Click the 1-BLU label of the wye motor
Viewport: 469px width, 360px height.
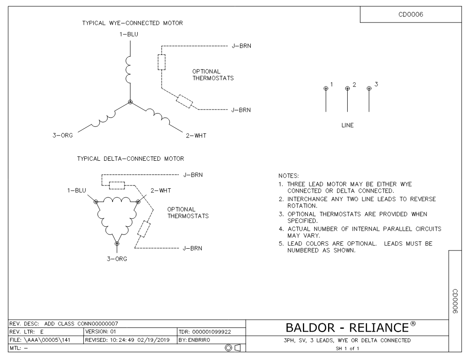coord(129,34)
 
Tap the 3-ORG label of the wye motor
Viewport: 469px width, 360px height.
coord(63,136)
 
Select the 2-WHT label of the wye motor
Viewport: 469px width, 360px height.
coord(196,136)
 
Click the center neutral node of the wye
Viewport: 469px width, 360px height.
coord(130,102)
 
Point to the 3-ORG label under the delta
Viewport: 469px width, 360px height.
coord(117,259)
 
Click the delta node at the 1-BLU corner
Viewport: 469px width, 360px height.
coord(96,202)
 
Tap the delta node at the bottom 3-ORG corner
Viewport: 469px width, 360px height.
coord(117,244)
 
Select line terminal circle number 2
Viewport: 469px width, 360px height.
coord(347,88)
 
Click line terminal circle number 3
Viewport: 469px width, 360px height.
coord(369,88)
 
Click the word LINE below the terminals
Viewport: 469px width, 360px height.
coord(347,125)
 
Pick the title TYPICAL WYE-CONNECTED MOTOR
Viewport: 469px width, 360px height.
coord(133,23)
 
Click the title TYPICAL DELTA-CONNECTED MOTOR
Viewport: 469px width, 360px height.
coord(130,159)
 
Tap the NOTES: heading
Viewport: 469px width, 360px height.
coord(288,176)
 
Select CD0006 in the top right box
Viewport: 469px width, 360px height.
coord(411,14)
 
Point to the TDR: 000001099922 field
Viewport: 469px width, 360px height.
coord(205,332)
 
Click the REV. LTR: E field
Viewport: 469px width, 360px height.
coord(27,332)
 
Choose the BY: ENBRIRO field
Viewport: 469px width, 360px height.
coord(194,340)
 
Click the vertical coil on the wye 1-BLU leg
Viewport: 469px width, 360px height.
coord(128,70)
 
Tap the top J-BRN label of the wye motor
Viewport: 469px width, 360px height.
coord(242,46)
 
